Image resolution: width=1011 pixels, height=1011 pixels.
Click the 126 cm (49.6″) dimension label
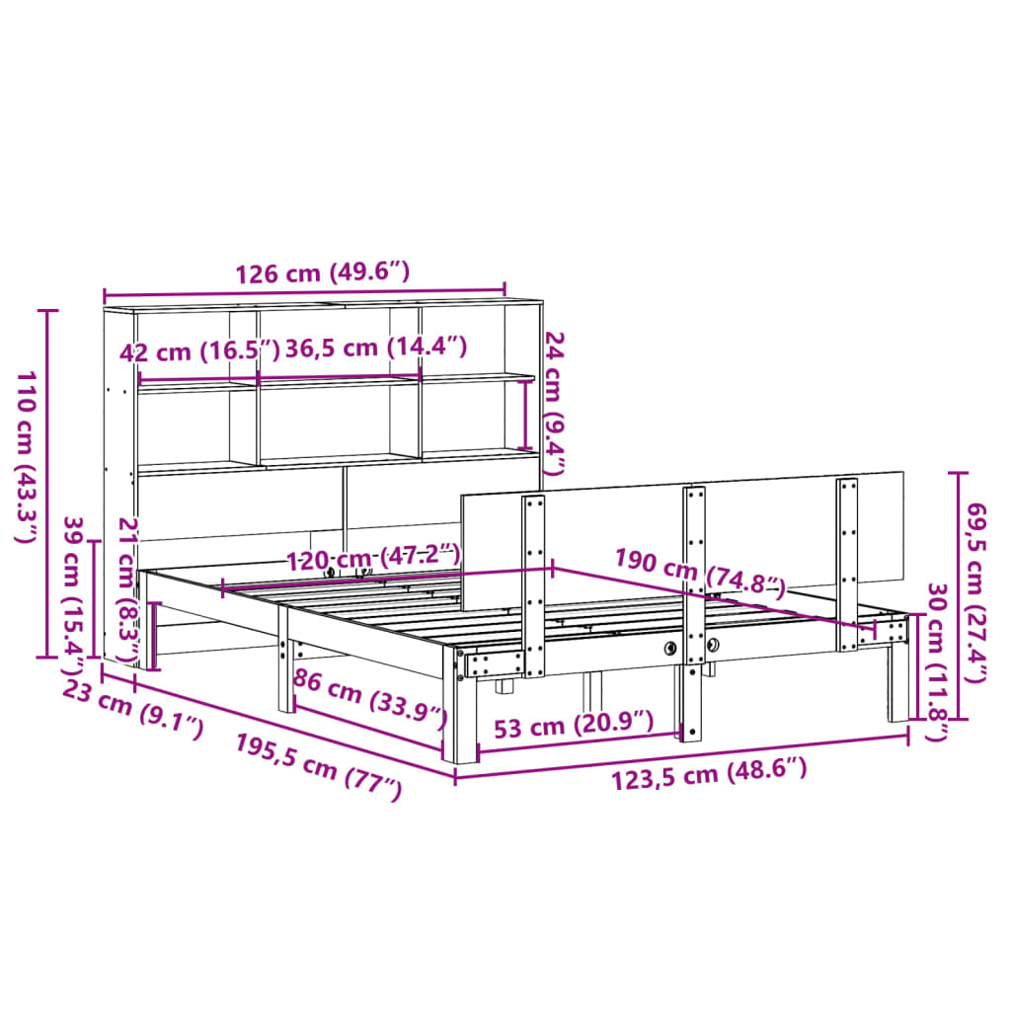[x=322, y=273]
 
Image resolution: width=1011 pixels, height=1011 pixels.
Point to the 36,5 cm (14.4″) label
[x=375, y=348]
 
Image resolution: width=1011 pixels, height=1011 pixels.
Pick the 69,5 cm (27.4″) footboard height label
[x=976, y=577]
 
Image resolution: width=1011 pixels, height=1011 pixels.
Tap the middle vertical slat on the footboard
[x=694, y=592]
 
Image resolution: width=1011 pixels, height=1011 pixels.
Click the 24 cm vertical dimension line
[x=525, y=415]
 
